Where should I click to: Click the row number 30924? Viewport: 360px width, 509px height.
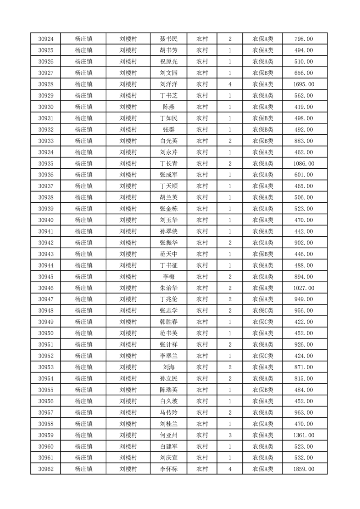(46, 39)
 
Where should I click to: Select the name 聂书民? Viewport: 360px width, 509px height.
(168, 39)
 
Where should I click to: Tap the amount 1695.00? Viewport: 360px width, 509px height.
(304, 84)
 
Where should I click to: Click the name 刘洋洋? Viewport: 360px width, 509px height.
(168, 84)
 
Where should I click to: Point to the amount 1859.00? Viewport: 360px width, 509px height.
(304, 469)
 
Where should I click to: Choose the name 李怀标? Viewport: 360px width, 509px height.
(168, 469)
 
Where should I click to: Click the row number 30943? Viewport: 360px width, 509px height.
(46, 254)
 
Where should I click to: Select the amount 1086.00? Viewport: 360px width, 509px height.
(304, 163)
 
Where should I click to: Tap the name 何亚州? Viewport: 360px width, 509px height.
(168, 435)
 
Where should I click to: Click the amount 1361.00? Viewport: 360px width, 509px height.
(304, 435)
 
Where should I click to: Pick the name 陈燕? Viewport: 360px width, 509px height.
(168, 107)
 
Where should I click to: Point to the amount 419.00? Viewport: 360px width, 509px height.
(304, 107)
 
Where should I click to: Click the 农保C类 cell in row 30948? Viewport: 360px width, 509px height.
(263, 311)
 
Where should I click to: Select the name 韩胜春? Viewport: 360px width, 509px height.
(168, 322)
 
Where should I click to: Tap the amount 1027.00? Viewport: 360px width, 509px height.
(304, 288)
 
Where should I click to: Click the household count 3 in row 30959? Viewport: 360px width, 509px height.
(230, 435)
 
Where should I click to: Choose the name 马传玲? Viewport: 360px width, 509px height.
(168, 412)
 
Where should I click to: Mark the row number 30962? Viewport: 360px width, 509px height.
(46, 469)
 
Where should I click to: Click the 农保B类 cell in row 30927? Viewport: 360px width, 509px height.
(263, 73)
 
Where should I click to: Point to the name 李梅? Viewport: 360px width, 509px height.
(168, 277)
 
